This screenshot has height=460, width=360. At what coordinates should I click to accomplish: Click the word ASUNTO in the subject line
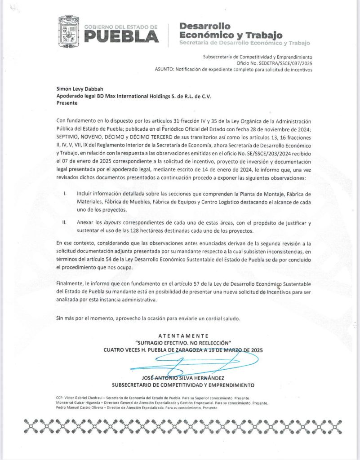click(164, 70)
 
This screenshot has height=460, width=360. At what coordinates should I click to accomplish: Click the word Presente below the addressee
click(67, 103)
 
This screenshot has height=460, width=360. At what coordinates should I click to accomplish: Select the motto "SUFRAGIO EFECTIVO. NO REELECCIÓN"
click(182, 343)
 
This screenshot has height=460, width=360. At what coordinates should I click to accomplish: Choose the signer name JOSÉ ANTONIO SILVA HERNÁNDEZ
click(182, 378)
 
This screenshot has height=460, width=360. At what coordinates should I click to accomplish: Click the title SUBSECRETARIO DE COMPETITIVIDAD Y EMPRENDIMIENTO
click(183, 385)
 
